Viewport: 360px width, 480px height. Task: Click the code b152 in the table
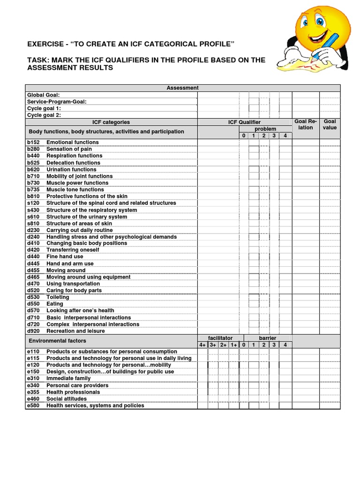point(33,142)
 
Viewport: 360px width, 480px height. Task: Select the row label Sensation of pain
point(69,149)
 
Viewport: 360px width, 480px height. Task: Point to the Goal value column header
point(330,125)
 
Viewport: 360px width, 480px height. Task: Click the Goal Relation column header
point(306,125)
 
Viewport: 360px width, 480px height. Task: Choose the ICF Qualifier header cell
point(245,122)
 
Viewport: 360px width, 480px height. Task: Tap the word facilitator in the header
point(220,338)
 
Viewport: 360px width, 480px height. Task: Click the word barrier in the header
point(267,338)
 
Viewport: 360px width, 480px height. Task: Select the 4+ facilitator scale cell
point(202,345)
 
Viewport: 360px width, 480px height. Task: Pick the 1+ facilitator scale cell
point(234,345)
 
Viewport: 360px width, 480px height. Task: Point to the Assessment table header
point(182,88)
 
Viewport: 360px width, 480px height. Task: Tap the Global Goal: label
point(43,95)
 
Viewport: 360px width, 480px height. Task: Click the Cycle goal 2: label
point(44,115)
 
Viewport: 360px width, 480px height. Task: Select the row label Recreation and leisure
point(75,331)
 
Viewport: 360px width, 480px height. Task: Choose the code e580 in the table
point(33,405)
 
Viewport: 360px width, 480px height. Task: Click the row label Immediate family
point(68,378)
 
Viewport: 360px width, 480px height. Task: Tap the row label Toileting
point(58,297)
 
